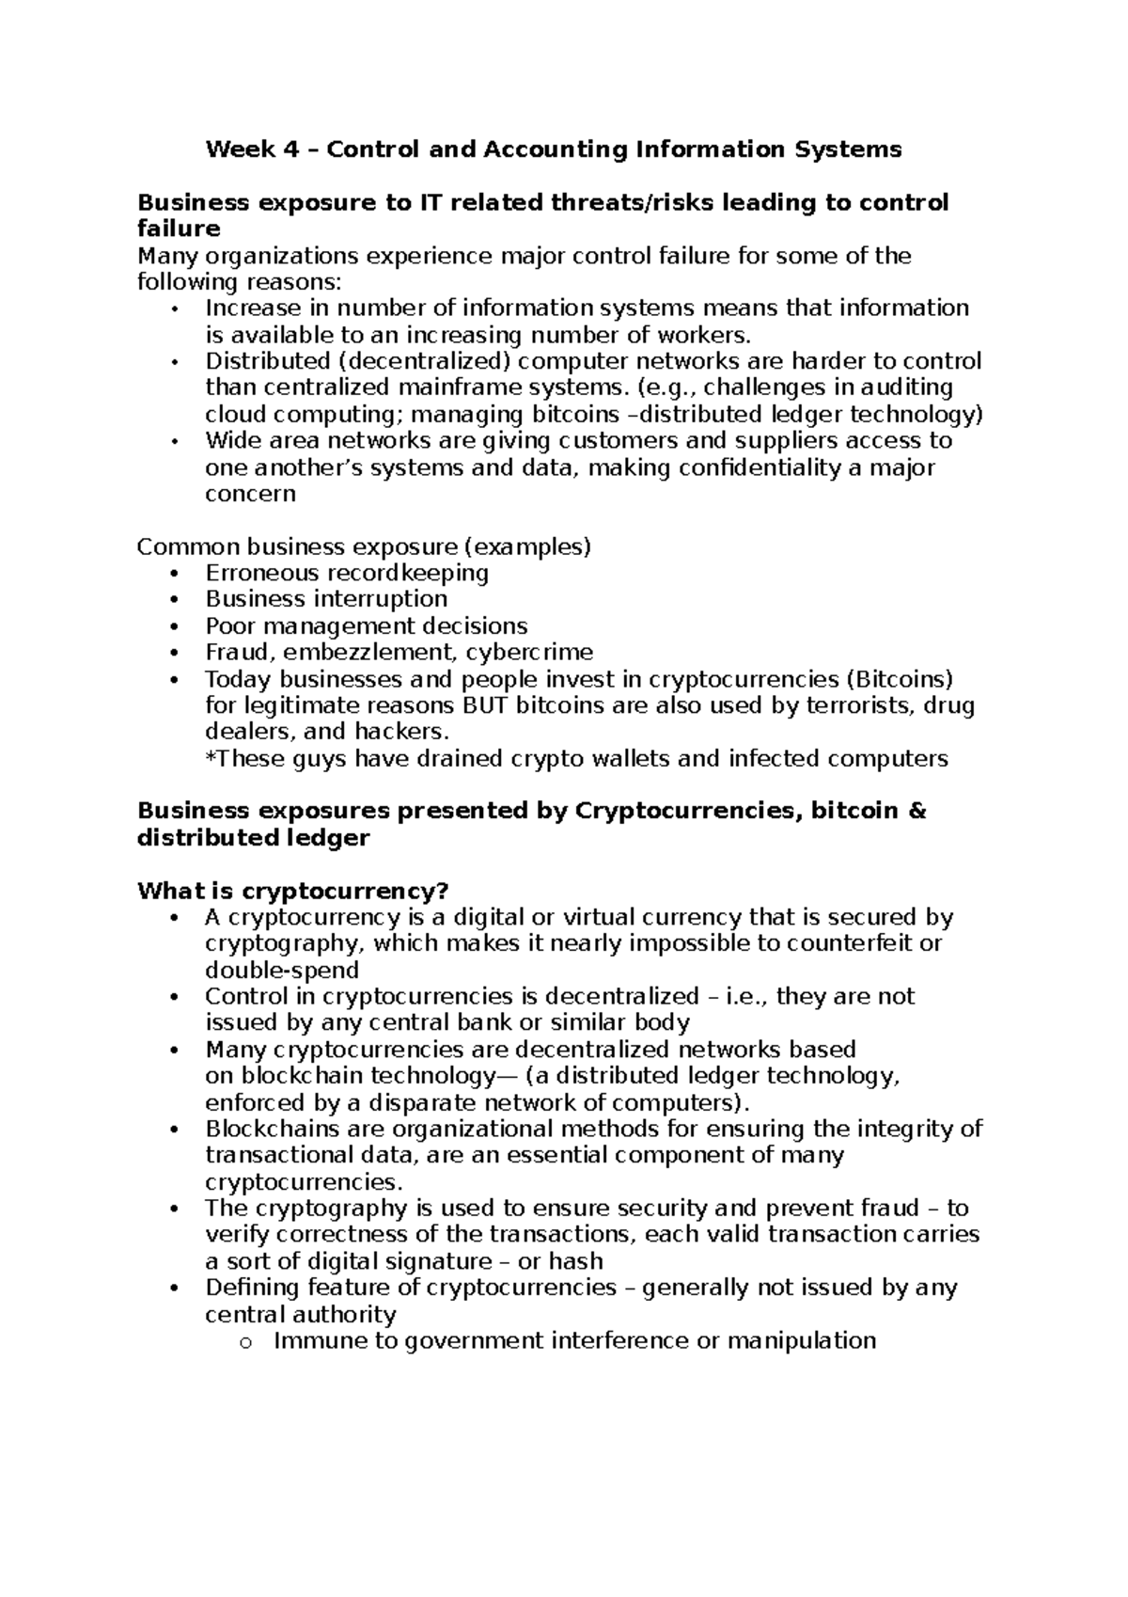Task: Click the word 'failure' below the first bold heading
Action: tap(179, 229)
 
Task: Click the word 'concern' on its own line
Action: tap(250, 494)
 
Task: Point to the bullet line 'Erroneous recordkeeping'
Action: tap(347, 573)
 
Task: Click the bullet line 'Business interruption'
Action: tap(326, 599)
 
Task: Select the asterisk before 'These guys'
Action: tap(210, 757)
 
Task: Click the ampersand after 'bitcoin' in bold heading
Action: tap(918, 811)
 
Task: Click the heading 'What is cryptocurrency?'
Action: tap(293, 891)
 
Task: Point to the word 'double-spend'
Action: tap(282, 971)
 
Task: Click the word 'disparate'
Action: tap(413, 1102)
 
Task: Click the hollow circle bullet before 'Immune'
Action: tap(246, 1343)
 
